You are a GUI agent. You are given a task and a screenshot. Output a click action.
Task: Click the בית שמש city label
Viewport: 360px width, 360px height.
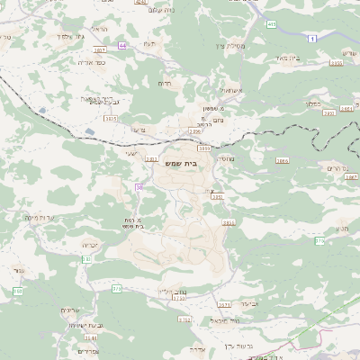181,163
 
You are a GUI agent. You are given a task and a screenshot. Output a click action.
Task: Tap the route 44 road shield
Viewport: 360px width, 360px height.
121,45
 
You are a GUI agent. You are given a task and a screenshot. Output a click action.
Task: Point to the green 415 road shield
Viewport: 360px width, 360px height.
271,24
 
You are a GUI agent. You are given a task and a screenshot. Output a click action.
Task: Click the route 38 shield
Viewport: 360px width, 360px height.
139,186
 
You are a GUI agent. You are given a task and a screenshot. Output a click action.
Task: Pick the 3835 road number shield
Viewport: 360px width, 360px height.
111,118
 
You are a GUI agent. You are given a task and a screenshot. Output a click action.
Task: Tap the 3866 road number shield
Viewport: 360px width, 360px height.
283,160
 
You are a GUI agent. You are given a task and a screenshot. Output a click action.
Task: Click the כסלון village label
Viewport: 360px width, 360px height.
311,103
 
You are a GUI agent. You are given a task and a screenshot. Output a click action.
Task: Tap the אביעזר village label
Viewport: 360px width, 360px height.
249,302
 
